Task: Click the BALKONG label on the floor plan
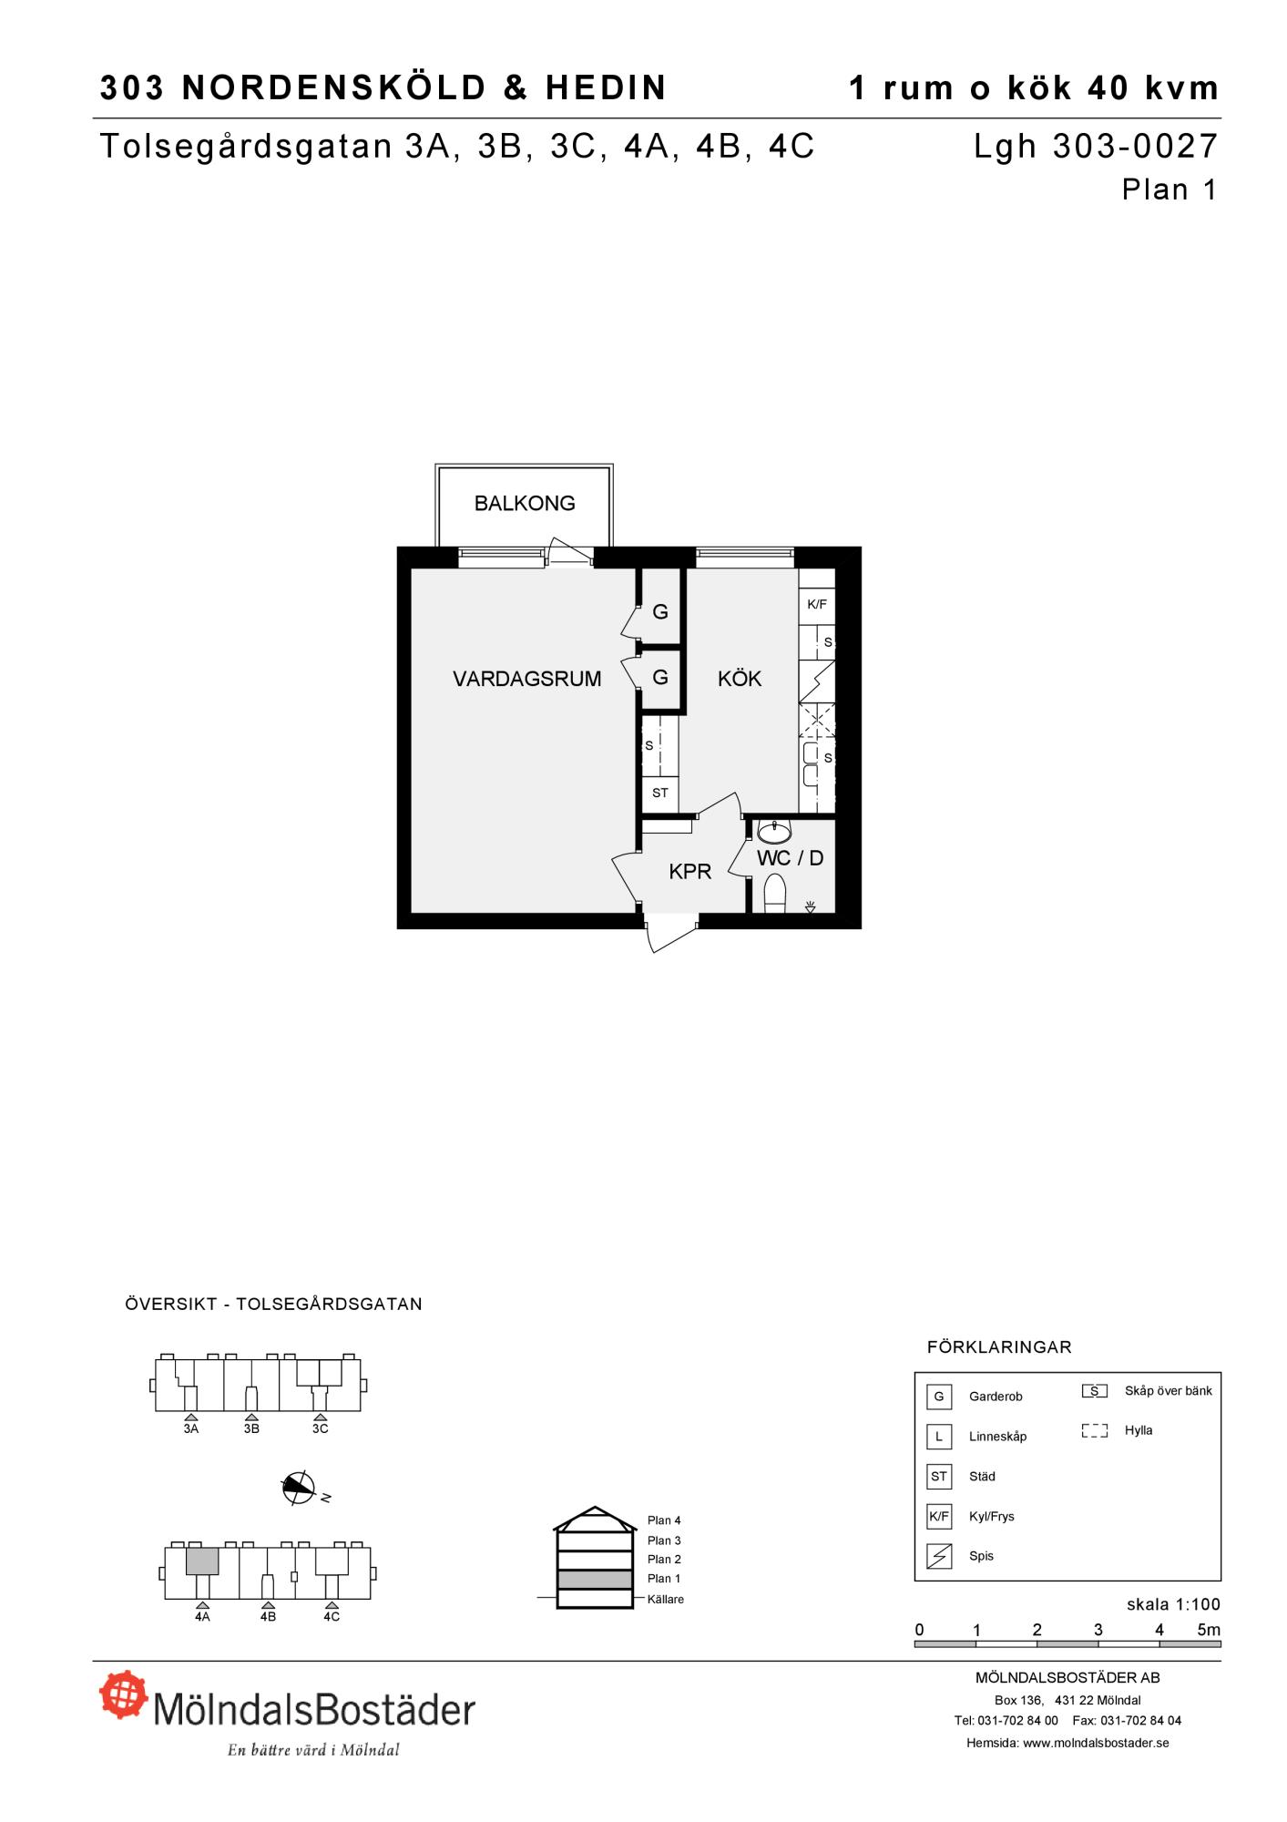point(525,503)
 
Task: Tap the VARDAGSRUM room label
point(527,679)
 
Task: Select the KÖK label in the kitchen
point(740,679)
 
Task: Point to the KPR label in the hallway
point(689,872)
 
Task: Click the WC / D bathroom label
point(790,858)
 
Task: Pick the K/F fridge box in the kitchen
point(817,604)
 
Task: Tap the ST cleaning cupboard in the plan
point(660,793)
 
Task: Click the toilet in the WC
point(775,893)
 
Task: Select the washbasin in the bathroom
point(774,831)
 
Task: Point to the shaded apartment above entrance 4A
point(202,1561)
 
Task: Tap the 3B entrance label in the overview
point(251,1428)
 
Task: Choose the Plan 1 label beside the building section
point(664,1579)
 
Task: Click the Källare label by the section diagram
point(666,1599)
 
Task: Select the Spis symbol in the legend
point(939,1556)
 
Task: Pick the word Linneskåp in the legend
point(997,1437)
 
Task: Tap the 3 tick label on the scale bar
point(1098,1630)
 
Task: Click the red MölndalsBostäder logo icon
point(124,1694)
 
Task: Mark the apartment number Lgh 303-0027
point(1096,146)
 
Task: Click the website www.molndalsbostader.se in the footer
point(1096,1743)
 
